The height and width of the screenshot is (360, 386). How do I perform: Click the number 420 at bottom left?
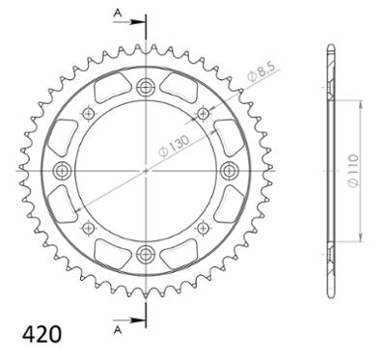(x=41, y=334)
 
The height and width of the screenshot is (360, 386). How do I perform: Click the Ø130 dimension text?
(x=175, y=147)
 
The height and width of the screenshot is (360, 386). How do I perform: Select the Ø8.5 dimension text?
(x=261, y=74)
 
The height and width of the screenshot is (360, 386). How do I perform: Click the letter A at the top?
(x=118, y=13)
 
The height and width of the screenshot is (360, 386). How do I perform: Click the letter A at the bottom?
(x=118, y=330)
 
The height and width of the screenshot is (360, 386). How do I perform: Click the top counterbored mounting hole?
(x=146, y=87)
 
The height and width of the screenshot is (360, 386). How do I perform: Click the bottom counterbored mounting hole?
(x=146, y=254)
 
